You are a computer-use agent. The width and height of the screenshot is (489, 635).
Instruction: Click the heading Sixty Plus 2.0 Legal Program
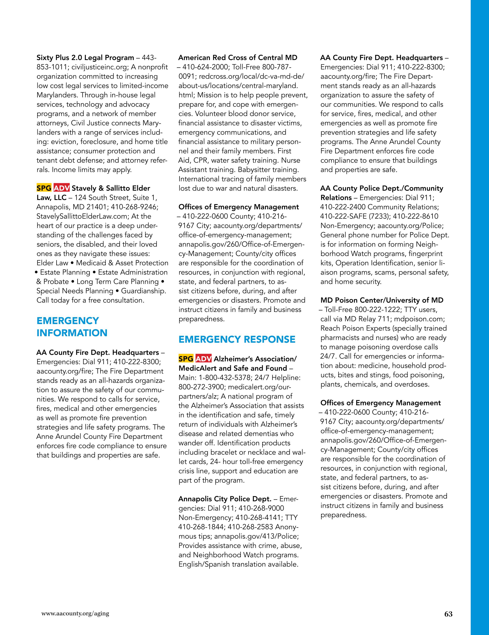[85, 58]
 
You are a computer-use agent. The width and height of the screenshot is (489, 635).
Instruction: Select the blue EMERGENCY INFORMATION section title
[72, 326]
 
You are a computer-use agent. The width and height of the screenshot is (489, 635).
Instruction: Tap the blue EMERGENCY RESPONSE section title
[237, 339]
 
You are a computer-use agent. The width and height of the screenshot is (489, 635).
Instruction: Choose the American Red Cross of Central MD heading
[237, 58]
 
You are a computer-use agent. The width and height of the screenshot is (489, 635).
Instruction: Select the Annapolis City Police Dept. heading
[224, 499]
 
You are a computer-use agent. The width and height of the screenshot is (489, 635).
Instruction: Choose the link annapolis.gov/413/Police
[256, 536]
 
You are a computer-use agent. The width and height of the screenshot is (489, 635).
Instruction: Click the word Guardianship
[143, 291]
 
